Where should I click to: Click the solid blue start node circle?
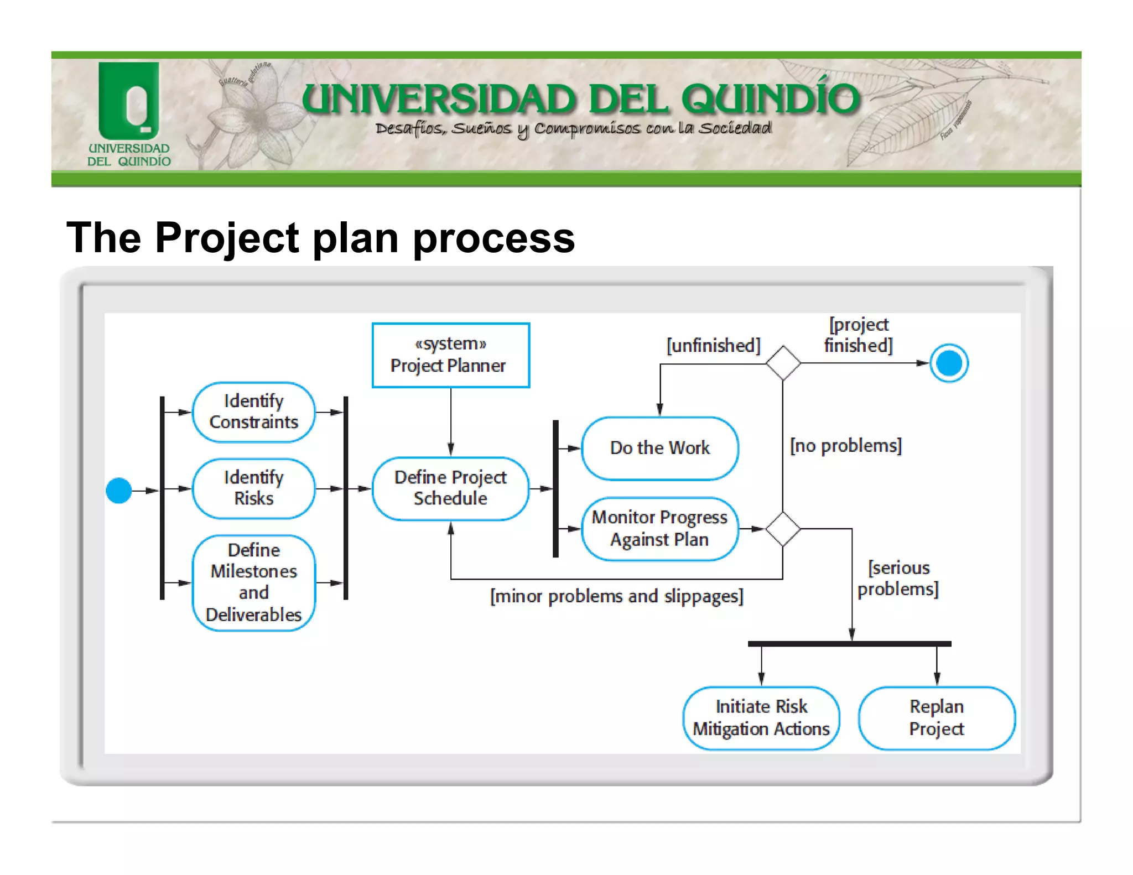(x=118, y=490)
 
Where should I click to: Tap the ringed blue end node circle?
(x=949, y=363)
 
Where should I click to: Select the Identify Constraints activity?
(x=253, y=412)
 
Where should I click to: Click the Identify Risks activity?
(x=253, y=488)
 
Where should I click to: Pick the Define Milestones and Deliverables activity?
(x=253, y=582)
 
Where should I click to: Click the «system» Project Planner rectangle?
(x=450, y=355)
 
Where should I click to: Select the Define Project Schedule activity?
(x=450, y=488)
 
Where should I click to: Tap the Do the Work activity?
(x=659, y=448)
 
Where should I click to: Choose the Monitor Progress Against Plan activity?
(x=659, y=529)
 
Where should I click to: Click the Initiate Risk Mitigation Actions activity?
(x=761, y=718)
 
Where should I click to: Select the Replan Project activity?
(x=937, y=718)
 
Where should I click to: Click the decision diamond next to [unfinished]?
(x=783, y=363)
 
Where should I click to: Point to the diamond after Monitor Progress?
(x=783, y=529)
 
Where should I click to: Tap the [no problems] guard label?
(x=845, y=446)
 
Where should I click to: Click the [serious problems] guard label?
(x=898, y=579)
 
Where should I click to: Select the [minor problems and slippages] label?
(x=616, y=596)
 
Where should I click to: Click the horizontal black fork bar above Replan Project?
(x=849, y=644)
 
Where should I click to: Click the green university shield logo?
(x=129, y=101)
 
